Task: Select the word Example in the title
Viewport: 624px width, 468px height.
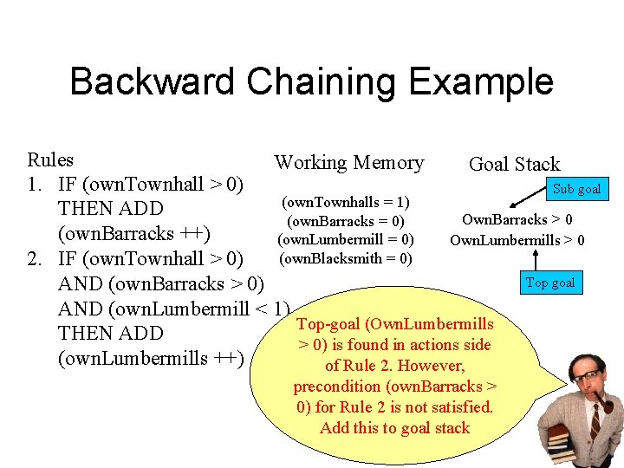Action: (485, 81)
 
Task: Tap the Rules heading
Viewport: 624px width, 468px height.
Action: (50, 160)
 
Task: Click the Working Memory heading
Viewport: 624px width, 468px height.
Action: (349, 163)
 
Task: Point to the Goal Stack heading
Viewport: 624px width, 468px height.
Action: (514, 164)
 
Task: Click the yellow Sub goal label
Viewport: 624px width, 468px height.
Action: (576, 189)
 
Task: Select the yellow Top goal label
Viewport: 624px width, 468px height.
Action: (550, 283)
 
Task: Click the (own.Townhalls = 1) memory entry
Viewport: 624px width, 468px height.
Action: (346, 202)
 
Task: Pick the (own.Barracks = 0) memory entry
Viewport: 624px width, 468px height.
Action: (346, 221)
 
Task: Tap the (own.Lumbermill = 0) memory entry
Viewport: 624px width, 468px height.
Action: (346, 239)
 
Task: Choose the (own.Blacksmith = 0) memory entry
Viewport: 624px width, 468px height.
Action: (346, 258)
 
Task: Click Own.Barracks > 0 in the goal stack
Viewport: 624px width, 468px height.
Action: (517, 220)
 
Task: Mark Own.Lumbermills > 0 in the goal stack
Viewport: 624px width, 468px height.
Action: (517, 240)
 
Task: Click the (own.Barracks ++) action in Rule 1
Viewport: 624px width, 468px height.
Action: (134, 234)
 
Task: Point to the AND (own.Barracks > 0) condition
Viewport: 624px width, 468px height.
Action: (161, 283)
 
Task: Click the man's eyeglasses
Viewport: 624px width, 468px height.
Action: (589, 376)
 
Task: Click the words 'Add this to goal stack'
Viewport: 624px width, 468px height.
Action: (394, 428)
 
